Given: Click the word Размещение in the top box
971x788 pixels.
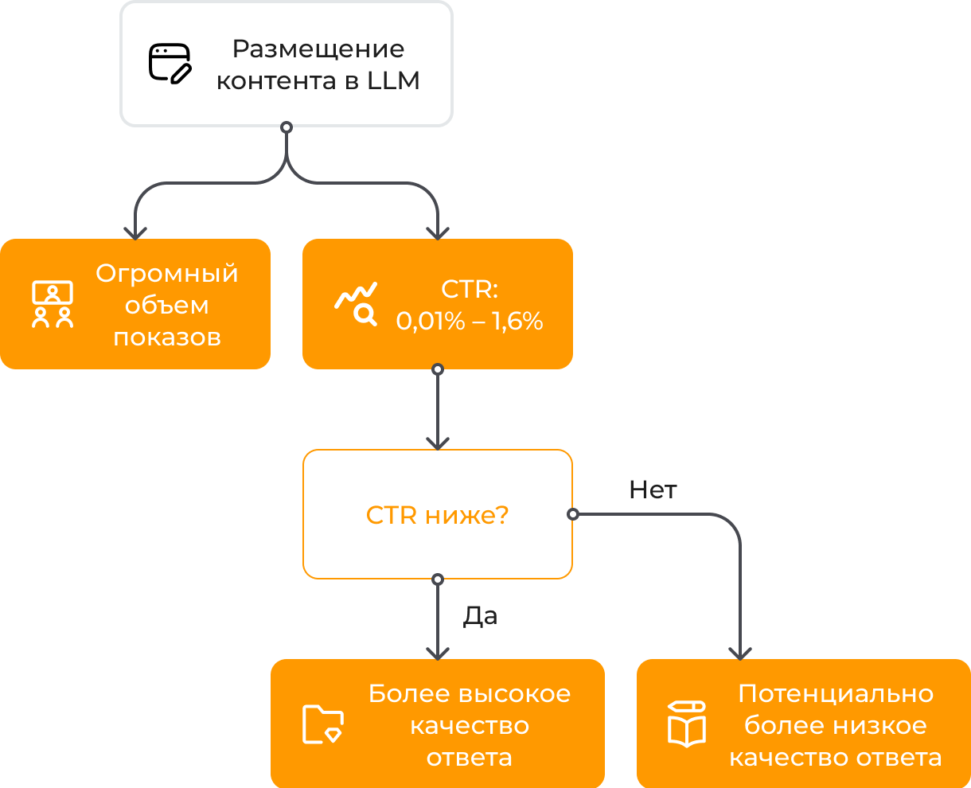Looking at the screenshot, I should (x=318, y=49).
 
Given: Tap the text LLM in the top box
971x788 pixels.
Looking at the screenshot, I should (x=393, y=81).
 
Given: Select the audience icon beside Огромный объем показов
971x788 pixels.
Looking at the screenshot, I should (x=53, y=304).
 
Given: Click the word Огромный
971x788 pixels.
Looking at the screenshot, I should (x=167, y=273).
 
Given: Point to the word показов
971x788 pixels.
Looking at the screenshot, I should (x=167, y=337).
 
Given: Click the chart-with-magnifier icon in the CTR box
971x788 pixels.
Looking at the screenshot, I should (x=356, y=304).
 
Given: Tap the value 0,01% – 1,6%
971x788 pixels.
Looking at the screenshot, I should (x=470, y=321).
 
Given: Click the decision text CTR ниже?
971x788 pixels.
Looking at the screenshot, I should (x=437, y=515).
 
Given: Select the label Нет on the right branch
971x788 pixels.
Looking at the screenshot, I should (x=653, y=490).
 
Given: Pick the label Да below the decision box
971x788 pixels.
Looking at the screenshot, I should (x=480, y=615).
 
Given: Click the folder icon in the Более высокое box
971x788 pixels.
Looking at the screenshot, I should (x=322, y=724).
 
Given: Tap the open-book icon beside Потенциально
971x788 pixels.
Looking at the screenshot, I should (x=687, y=724).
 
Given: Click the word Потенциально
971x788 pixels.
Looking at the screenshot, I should (x=836, y=693).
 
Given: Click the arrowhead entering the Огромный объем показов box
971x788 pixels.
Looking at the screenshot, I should (x=135, y=234).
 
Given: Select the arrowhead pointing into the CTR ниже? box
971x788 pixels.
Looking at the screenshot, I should (x=437, y=444).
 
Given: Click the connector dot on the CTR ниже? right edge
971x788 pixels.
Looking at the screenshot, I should (x=572, y=514).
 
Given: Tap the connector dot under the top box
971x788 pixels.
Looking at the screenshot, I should (x=287, y=127).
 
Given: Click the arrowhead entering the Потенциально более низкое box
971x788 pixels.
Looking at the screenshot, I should (x=740, y=654).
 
